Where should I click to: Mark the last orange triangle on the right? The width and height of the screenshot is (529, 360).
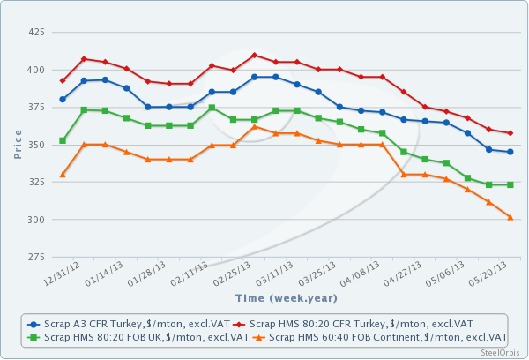tap(510, 216)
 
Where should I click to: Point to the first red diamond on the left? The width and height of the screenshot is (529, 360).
tap(63, 80)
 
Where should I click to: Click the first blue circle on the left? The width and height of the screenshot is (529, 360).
tap(63, 99)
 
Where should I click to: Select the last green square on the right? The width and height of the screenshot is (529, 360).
tap(510, 184)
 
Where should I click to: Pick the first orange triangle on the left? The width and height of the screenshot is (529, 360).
tap(63, 175)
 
